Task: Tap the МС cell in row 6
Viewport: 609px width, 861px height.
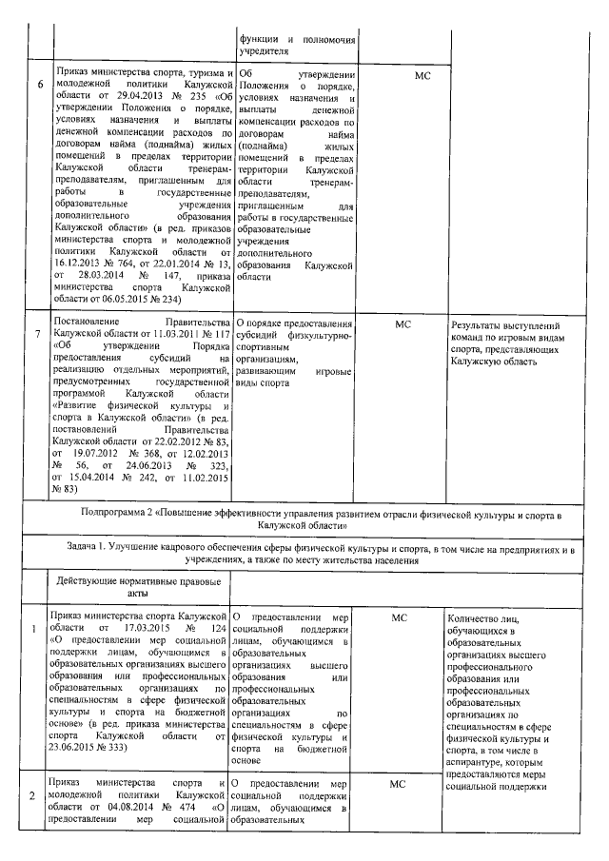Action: (399, 74)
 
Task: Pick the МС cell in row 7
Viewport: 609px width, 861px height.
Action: (401, 324)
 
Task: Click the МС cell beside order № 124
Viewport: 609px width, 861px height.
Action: (399, 617)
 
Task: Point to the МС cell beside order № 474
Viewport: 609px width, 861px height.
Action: (399, 783)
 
